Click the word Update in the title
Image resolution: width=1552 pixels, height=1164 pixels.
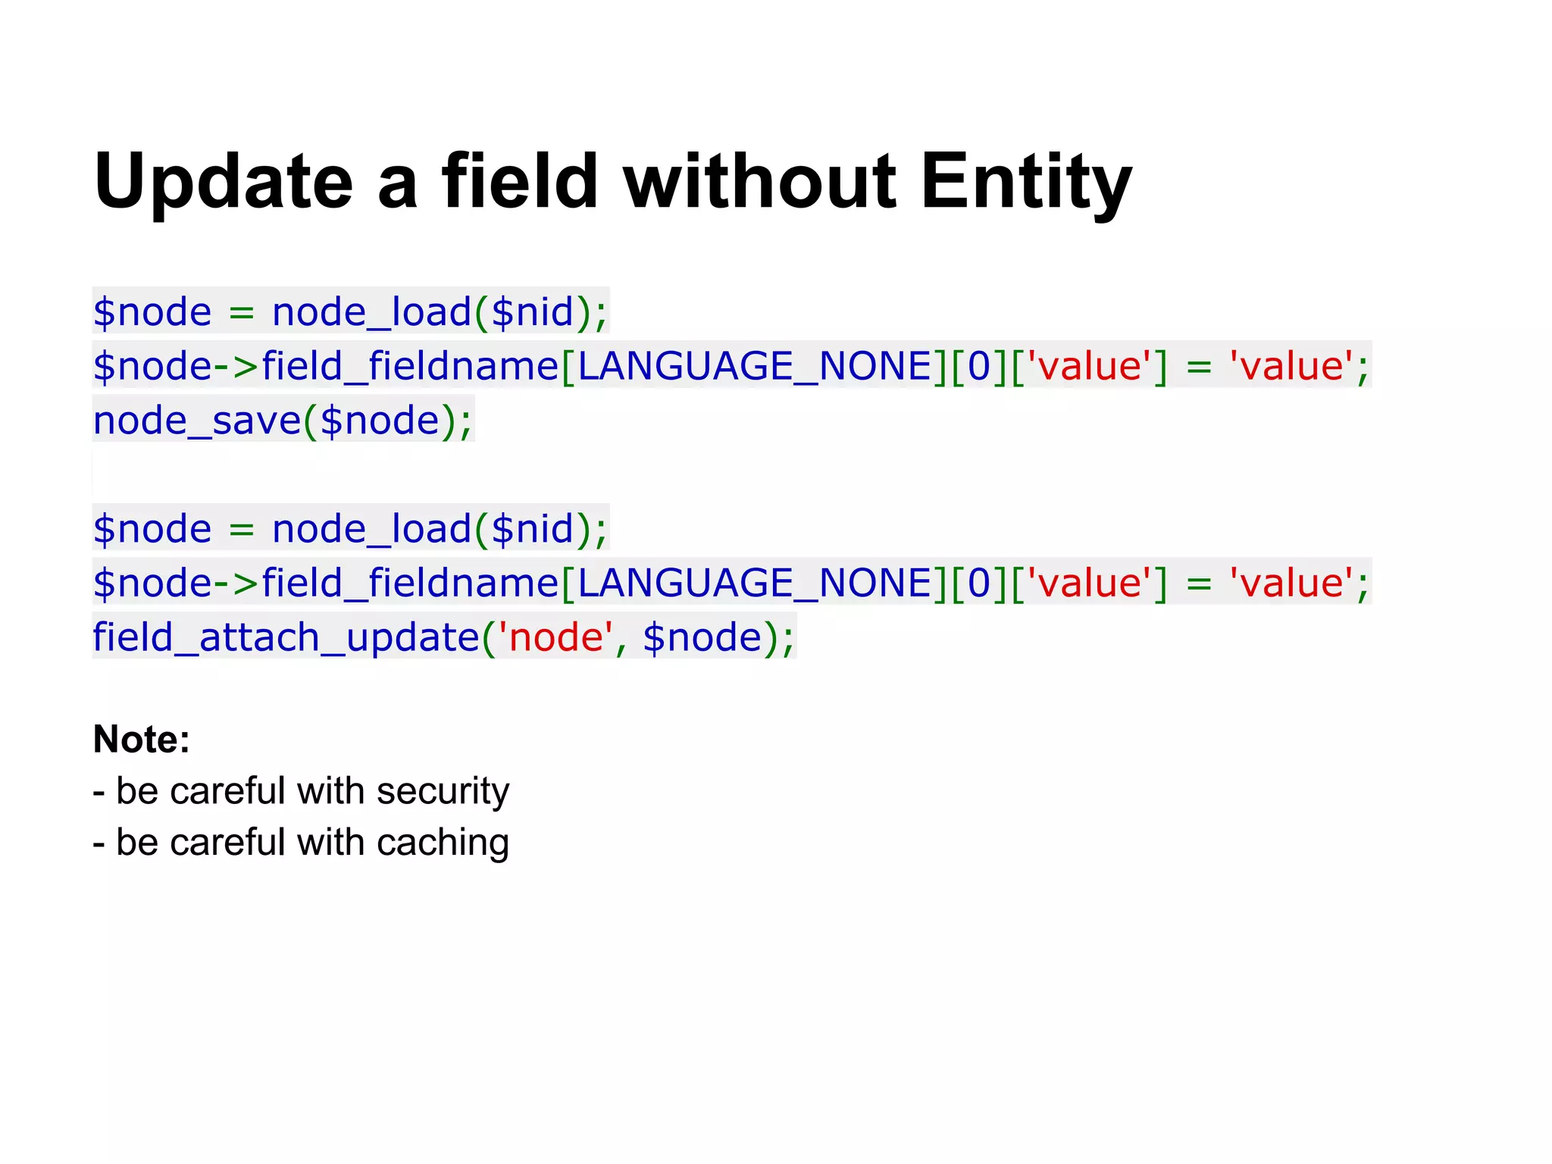pos(224,182)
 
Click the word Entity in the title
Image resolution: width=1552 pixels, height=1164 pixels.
pos(1026,182)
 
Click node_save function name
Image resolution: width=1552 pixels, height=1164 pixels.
pos(197,421)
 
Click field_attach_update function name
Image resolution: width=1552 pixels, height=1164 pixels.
pos(286,637)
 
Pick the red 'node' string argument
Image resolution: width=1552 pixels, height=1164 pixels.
pos(555,637)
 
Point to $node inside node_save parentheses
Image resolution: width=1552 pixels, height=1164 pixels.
pos(379,421)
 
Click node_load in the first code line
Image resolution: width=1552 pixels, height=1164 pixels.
pos(371,312)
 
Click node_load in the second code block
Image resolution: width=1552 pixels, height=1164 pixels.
pos(371,529)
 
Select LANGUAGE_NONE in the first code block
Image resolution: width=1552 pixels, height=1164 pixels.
pos(754,367)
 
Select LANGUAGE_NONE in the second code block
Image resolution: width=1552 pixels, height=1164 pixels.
pos(754,584)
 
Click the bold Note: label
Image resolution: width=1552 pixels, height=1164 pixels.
pos(141,739)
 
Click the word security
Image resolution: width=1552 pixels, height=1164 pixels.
pos(443,792)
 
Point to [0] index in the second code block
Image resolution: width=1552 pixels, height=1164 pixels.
pos(979,584)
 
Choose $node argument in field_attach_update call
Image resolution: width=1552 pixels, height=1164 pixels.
pos(702,637)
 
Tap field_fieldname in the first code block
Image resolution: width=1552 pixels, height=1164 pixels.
pos(410,367)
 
